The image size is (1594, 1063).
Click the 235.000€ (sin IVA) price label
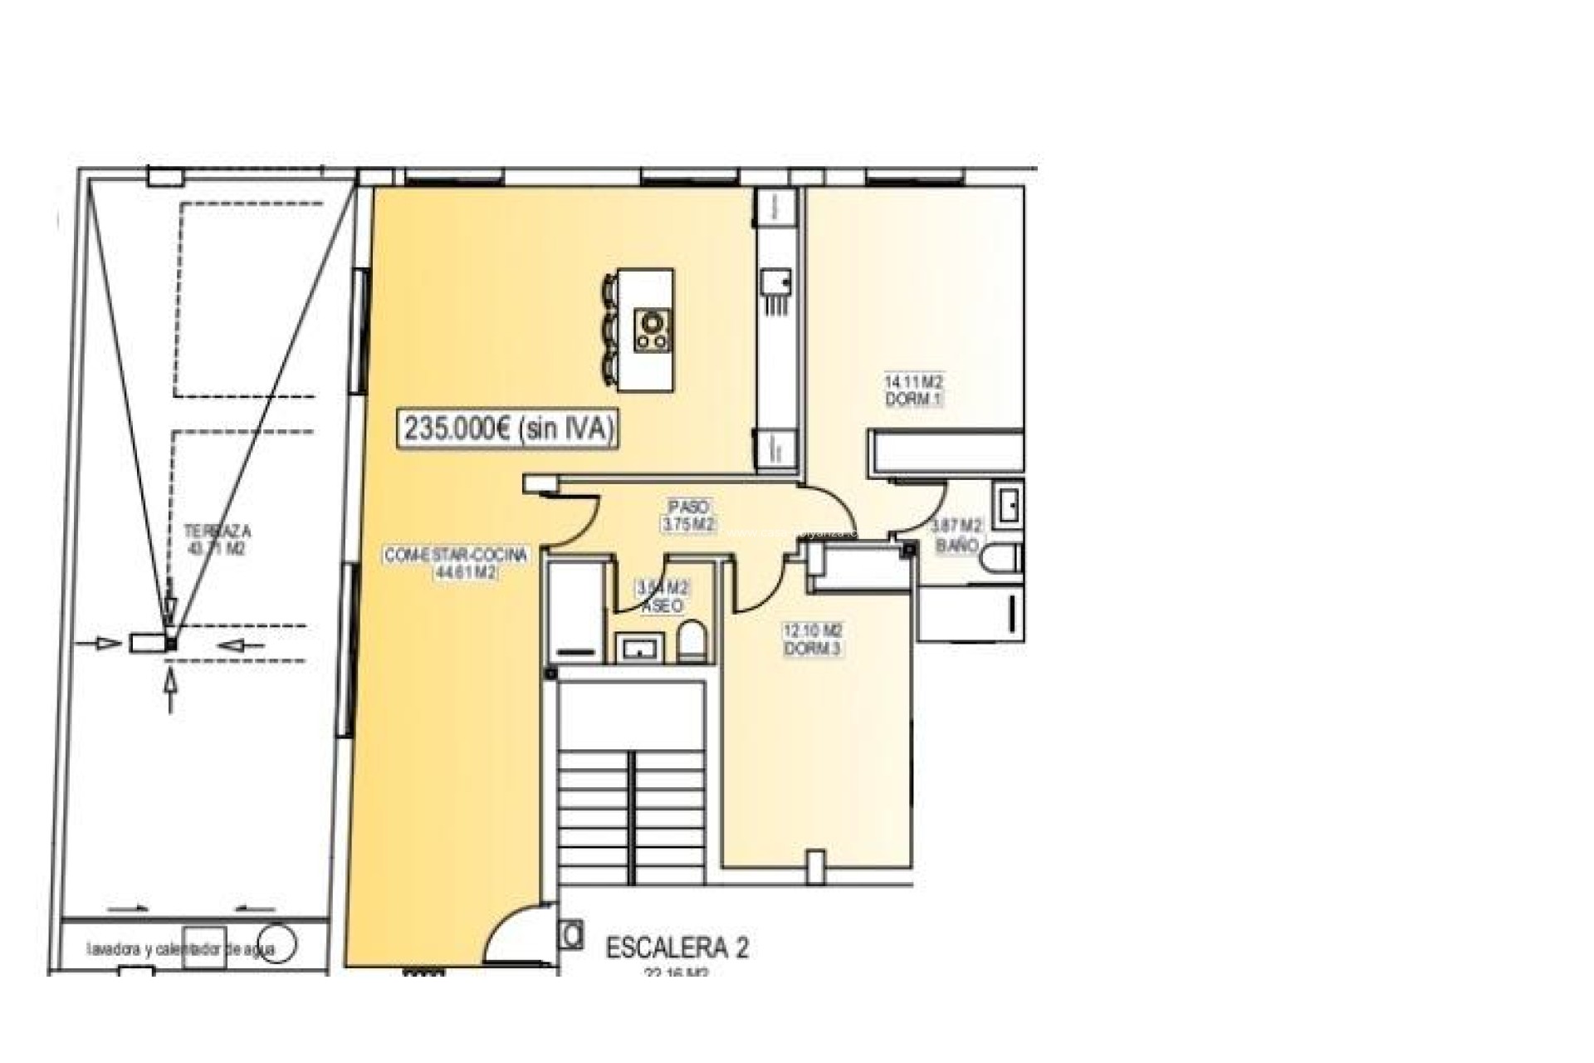pyautogui.click(x=509, y=429)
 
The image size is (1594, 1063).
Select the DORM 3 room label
pyautogui.click(x=813, y=649)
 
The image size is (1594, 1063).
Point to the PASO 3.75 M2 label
pyautogui.click(x=689, y=516)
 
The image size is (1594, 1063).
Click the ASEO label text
pyautogui.click(x=663, y=606)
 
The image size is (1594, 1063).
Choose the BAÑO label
pyautogui.click(x=956, y=546)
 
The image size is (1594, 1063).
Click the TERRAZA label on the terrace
pyautogui.click(x=218, y=531)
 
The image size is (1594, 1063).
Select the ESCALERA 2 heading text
pyautogui.click(x=677, y=948)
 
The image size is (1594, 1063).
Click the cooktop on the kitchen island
pyautogui.click(x=653, y=330)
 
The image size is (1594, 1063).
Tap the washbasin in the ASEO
pyautogui.click(x=639, y=647)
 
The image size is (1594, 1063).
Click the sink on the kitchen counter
pyautogui.click(x=776, y=282)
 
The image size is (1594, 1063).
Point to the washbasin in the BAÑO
pyautogui.click(x=1010, y=506)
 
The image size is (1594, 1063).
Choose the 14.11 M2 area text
pyautogui.click(x=913, y=382)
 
